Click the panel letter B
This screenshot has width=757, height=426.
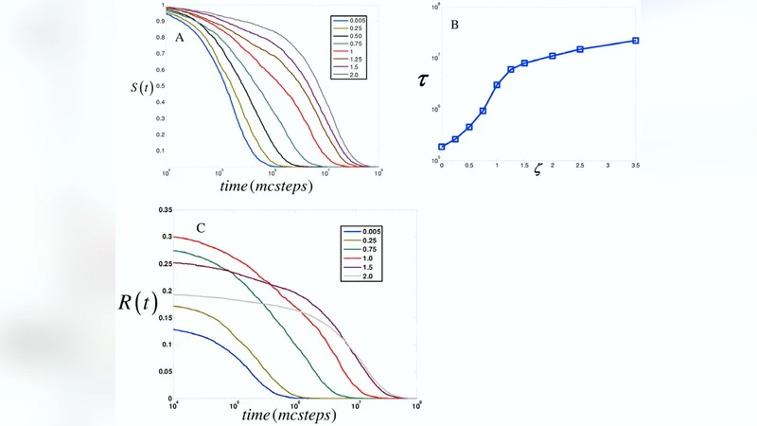point(454,23)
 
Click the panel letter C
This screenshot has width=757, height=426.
point(200,228)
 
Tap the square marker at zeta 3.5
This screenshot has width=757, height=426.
point(635,40)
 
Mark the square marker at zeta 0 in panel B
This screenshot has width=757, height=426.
point(442,147)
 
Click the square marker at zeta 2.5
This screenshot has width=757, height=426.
point(580,49)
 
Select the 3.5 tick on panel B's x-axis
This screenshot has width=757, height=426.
point(635,166)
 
